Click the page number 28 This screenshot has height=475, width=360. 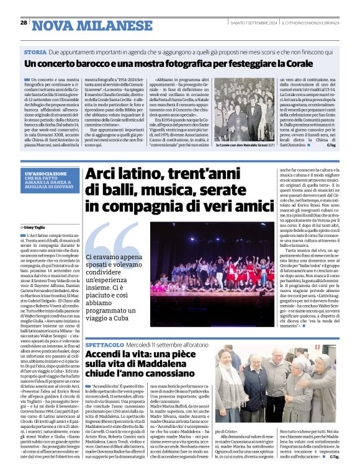coord(24,23)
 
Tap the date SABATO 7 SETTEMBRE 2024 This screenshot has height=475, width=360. coord(256,23)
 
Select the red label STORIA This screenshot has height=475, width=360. coord(35,53)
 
